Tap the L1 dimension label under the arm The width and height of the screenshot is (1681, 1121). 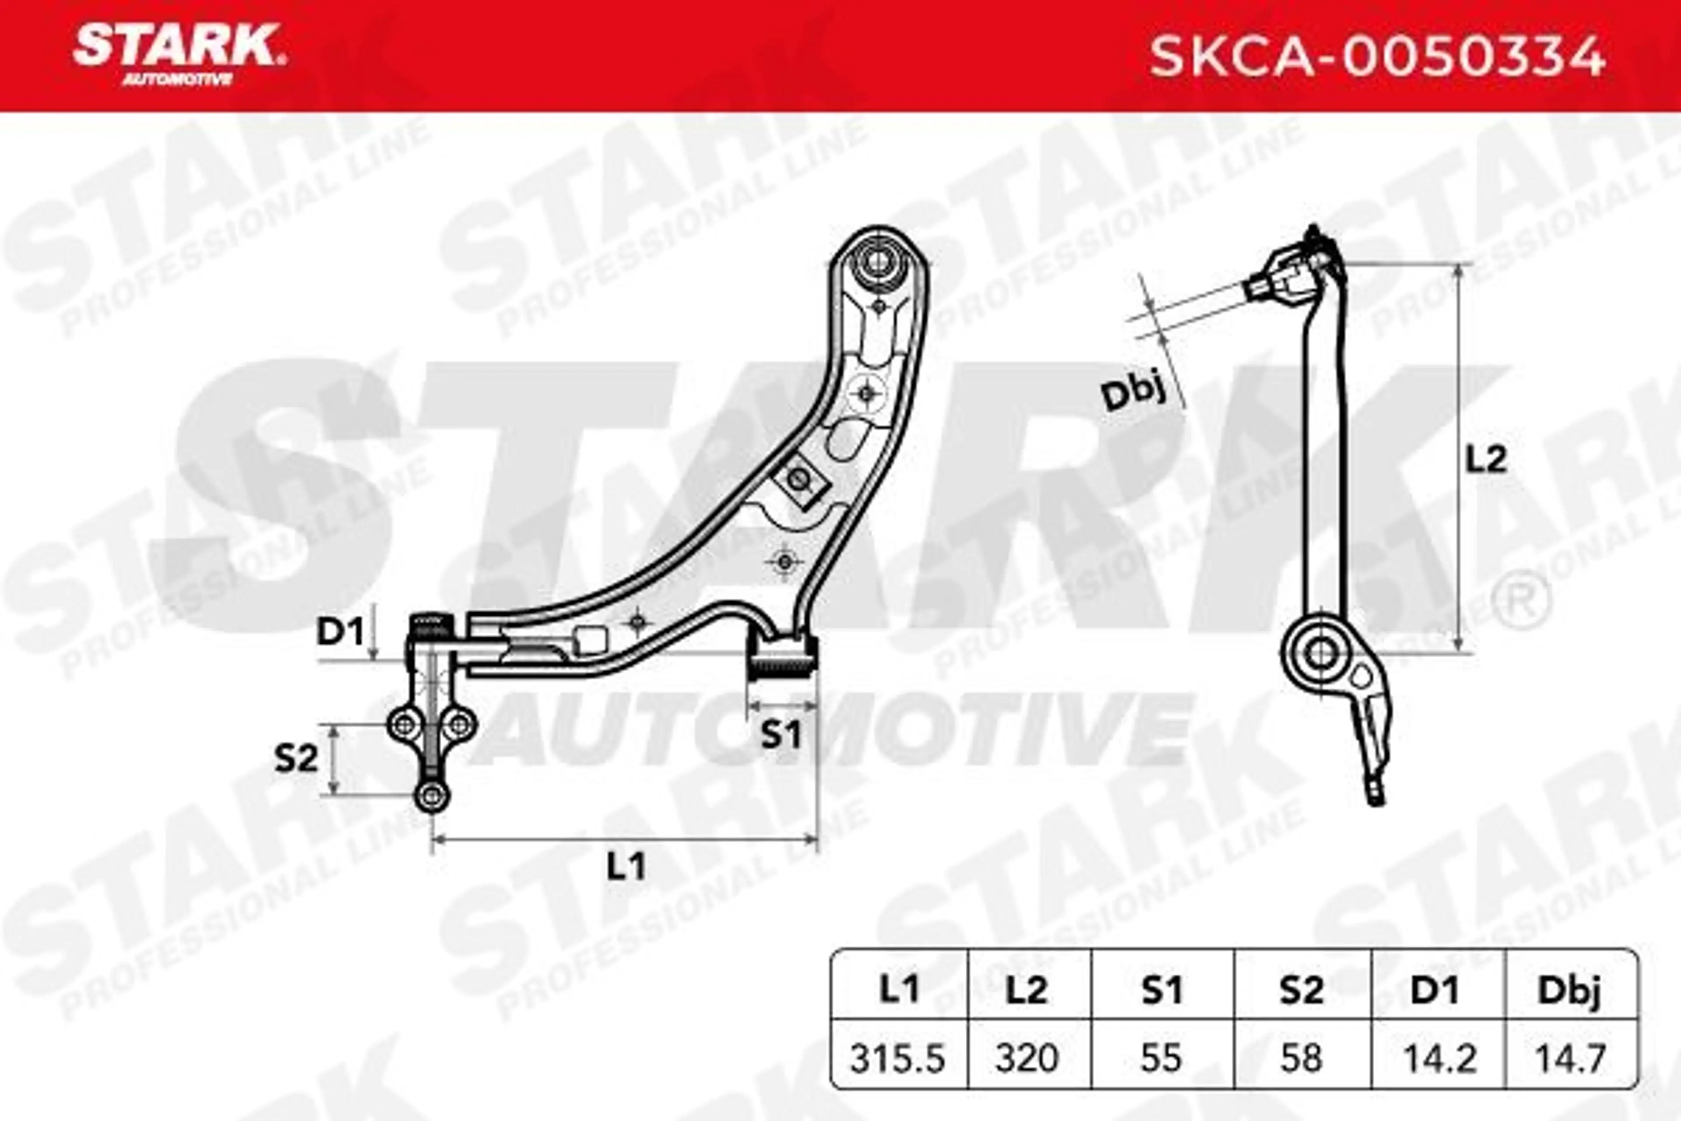pos(626,867)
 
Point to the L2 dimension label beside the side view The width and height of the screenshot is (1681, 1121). pos(1487,460)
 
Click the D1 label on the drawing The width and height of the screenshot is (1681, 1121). pos(341,632)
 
